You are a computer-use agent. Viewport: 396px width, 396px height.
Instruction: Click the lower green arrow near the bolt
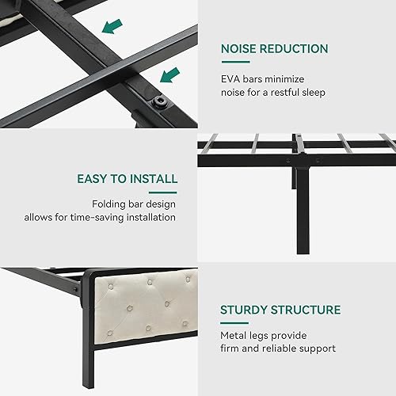coord(169,75)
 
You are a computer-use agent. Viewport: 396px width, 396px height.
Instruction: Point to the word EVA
coord(231,78)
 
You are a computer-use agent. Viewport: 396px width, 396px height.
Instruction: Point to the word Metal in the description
coord(234,333)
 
